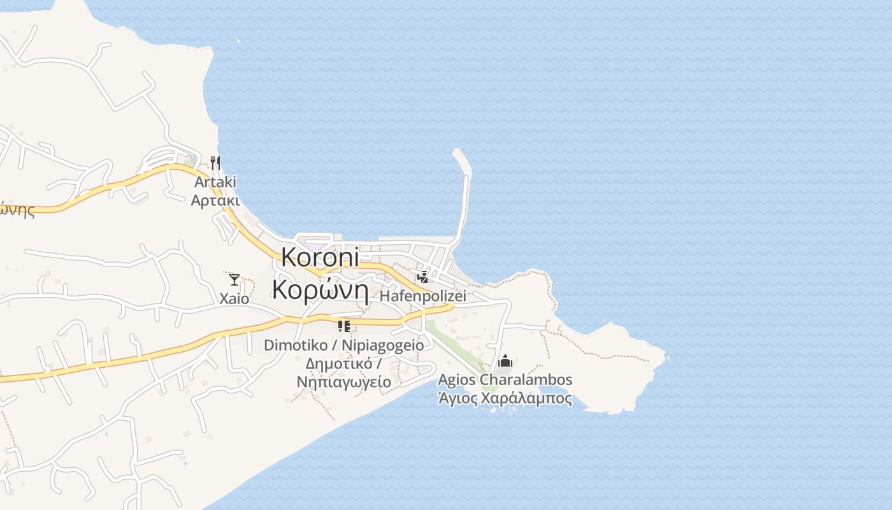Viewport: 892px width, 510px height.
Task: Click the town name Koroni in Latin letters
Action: coord(320,256)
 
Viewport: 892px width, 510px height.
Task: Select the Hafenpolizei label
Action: coord(423,296)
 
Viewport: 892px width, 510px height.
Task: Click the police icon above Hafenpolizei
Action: coord(422,277)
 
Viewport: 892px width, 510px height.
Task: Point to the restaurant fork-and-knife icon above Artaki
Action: coord(215,163)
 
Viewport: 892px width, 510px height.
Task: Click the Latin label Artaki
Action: coord(215,182)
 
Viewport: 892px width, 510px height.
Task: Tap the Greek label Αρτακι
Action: coord(215,201)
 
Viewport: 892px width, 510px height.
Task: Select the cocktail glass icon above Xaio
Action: coord(234,279)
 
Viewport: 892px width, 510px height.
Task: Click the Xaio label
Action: coord(234,298)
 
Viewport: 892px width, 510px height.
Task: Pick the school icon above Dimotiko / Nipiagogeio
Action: coord(344,326)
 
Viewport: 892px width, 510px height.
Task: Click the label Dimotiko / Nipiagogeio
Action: coord(344,345)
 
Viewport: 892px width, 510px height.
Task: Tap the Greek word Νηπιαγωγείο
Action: coord(344,382)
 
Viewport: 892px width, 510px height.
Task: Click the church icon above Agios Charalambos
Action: coord(505,361)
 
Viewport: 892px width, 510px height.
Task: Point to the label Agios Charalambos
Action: coord(505,380)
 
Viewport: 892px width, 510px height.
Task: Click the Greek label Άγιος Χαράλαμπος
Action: coord(505,399)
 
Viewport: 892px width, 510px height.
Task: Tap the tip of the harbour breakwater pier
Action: coord(457,153)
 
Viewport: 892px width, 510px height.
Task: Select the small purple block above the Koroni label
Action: coord(315,245)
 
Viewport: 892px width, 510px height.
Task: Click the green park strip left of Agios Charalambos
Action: coord(454,345)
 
